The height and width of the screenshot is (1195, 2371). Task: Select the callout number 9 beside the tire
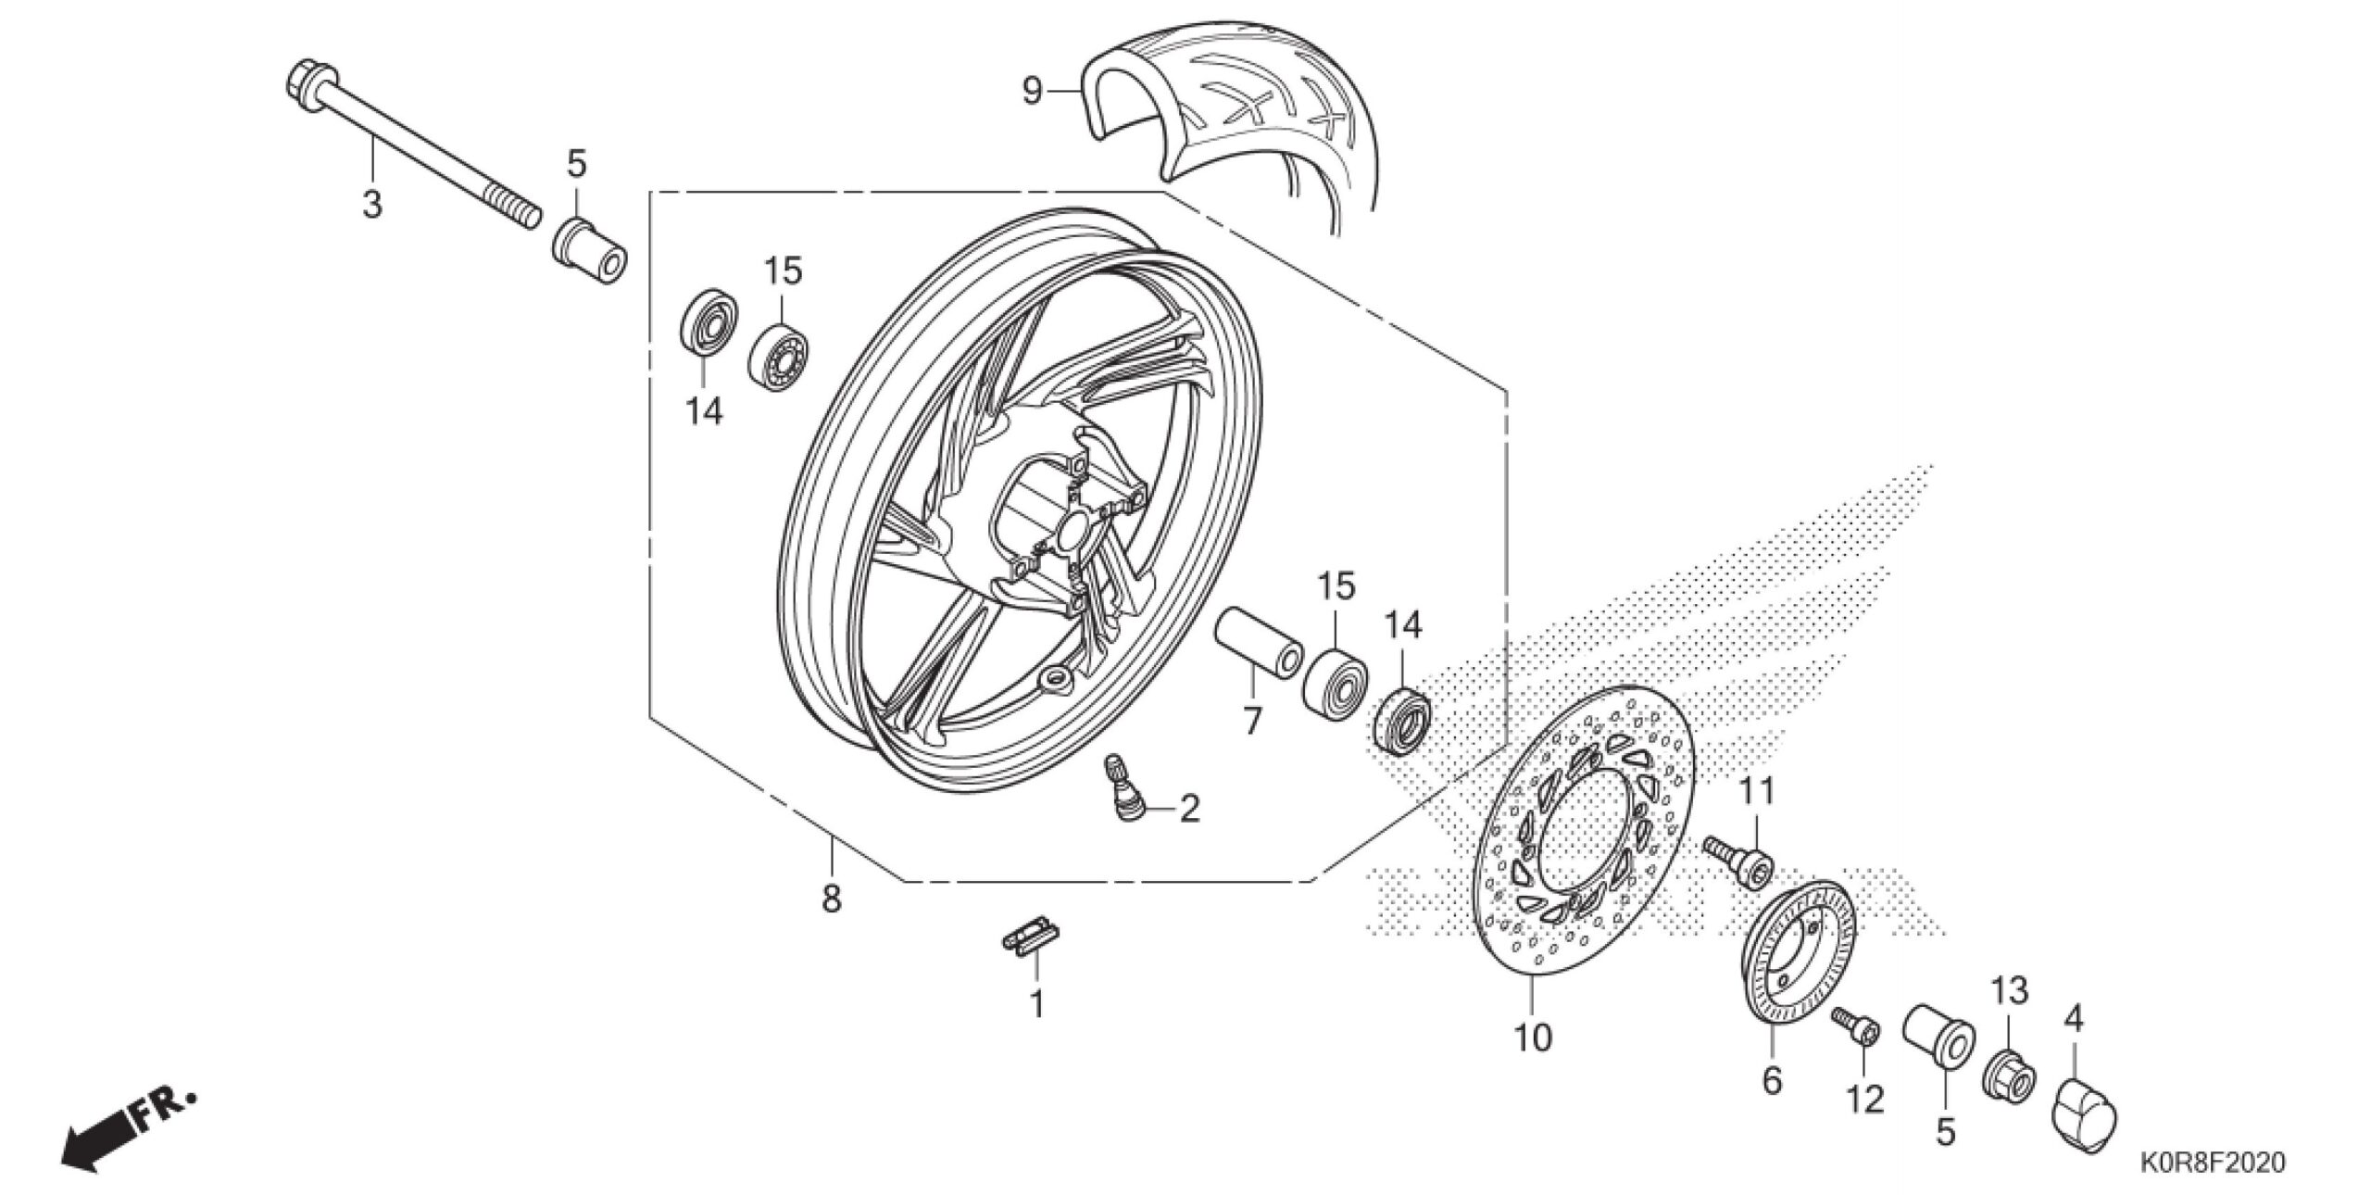click(1032, 92)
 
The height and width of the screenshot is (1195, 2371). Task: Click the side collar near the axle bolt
click(589, 252)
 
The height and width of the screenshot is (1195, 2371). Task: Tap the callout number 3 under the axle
click(371, 204)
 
